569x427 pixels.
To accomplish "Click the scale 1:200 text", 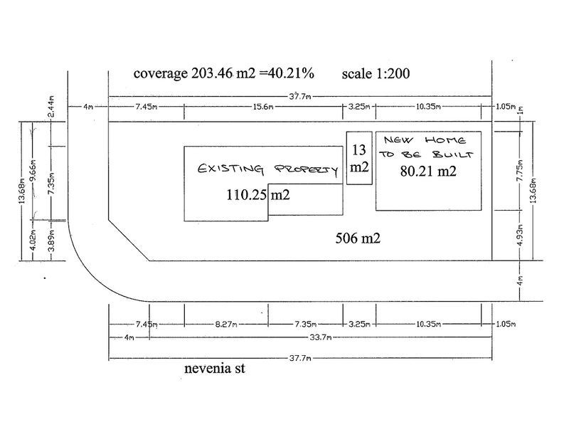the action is coord(376,74).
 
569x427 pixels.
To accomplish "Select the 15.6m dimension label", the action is coord(263,107).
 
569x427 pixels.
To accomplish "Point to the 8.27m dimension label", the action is coord(226,324).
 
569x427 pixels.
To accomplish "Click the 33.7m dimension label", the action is coord(321,337).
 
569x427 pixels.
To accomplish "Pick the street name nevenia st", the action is coord(215,369).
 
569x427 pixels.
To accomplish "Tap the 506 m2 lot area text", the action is coord(358,238).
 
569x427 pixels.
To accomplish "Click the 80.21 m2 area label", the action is coord(428,171).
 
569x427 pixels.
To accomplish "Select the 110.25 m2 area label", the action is coord(258,195).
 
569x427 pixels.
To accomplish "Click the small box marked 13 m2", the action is coord(359,158).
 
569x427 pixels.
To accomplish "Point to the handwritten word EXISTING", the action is coord(230,169).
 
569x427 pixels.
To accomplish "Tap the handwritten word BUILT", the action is coord(453,154).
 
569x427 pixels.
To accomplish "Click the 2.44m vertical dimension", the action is coord(52,106).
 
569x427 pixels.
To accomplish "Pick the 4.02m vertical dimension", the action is coord(33,240).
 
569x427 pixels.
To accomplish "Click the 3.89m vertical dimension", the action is coord(52,241).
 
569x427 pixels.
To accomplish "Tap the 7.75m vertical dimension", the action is coord(520,170).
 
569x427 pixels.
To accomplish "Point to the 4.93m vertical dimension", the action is coord(520,236).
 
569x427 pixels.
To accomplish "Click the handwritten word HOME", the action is coord(445,140).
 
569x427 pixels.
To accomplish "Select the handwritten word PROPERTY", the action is coord(306,170).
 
